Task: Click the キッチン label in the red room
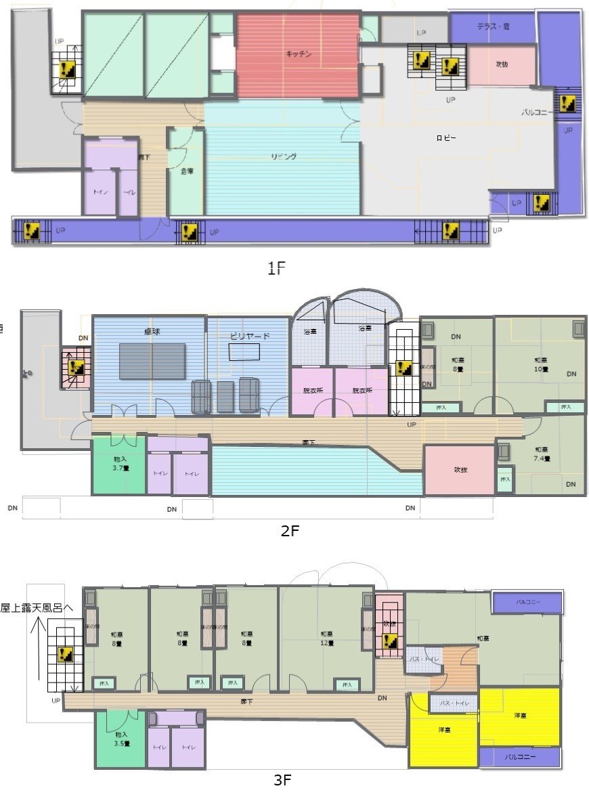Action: click(298, 54)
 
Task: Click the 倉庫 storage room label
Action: click(187, 171)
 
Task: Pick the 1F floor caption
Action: click(277, 268)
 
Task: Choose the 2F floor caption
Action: click(289, 530)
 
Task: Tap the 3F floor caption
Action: click(282, 780)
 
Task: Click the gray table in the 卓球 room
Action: click(152, 361)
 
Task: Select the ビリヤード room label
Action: click(250, 337)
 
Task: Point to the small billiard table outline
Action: click(243, 352)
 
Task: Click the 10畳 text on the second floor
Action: click(541, 369)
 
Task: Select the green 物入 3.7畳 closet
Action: click(119, 465)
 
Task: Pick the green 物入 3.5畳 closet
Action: click(121, 739)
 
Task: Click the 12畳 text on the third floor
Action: click(327, 643)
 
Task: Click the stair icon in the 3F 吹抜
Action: click(389, 641)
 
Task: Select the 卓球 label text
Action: click(151, 332)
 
